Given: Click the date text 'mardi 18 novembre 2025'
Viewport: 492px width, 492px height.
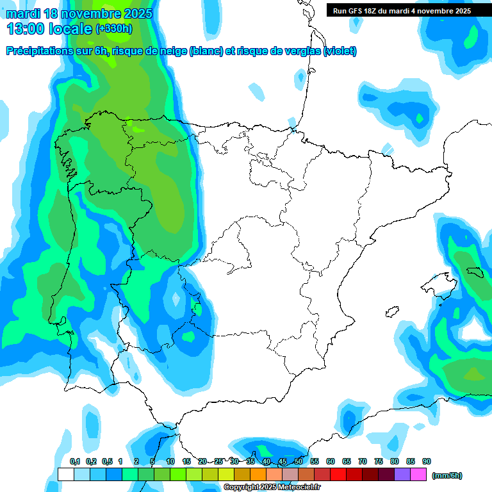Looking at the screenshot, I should pos(79,13).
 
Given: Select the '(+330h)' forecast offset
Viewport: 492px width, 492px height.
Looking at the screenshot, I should pos(113,29).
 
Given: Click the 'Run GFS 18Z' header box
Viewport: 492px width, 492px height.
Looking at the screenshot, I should pos(400,10).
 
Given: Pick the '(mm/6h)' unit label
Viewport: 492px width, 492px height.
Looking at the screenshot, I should pos(447,475).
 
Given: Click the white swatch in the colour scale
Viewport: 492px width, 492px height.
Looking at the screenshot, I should pos(65,475).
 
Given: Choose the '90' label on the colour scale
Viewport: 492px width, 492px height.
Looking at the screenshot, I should pos(427,461).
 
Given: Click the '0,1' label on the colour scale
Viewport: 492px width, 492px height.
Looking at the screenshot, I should pos(74,461).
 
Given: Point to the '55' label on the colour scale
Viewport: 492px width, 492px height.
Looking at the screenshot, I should pos(315,461).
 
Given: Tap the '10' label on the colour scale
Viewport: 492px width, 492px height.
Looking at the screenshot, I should pos(170,461).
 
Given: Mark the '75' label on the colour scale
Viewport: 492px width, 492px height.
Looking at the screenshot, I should pos(379,461).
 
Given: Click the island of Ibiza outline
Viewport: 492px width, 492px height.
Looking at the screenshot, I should pos(391,312).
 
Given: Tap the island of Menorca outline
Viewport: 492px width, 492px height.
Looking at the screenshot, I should pos(475,273).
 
